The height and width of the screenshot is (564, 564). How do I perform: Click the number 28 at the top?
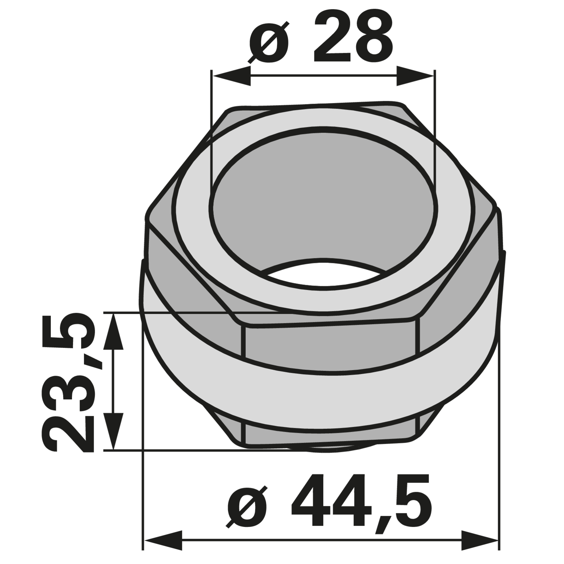tap(352, 38)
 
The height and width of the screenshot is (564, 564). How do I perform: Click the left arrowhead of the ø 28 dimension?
tap(231, 75)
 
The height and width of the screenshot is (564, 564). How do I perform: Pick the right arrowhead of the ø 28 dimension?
tap(416, 75)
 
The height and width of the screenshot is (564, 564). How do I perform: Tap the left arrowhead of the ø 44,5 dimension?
tap(163, 540)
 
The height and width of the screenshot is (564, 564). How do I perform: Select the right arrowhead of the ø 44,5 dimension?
tap(480, 540)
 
